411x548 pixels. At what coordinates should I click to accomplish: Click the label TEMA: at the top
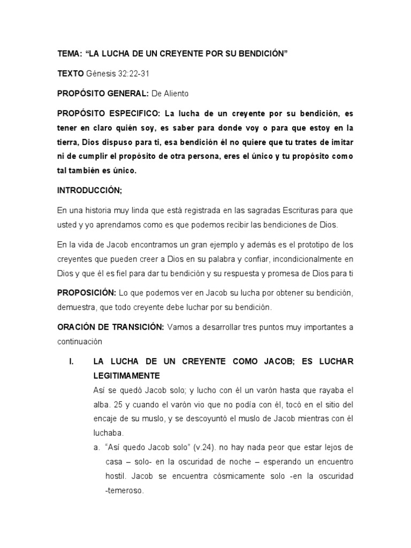coord(69,55)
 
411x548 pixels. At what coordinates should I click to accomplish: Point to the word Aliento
coord(176,94)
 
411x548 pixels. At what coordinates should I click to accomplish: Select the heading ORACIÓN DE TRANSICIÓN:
coord(111,327)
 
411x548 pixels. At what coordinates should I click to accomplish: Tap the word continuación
coord(83,341)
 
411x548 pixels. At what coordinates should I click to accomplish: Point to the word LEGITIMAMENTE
coord(126,376)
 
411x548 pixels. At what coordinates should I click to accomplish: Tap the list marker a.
coord(96,447)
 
